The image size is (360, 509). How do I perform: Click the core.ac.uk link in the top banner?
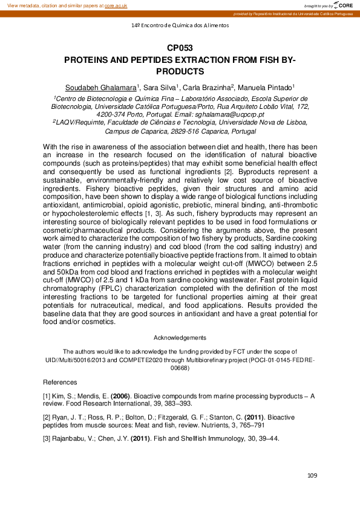pyautogui.click(x=116, y=5)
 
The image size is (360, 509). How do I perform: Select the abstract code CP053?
pyautogui.click(x=180, y=48)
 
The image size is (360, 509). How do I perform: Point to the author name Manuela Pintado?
pyautogui.click(x=266, y=88)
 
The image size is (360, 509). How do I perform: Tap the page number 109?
pyautogui.click(x=312, y=476)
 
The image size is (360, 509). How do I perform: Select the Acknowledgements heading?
pyautogui.click(x=180, y=337)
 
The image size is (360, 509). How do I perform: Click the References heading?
pyautogui.click(x=60, y=383)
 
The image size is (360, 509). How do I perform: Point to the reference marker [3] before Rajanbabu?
pyautogui.click(x=47, y=438)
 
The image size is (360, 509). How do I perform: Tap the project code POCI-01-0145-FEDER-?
pyautogui.click(x=277, y=360)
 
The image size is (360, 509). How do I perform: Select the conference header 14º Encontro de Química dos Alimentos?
pyautogui.click(x=180, y=25)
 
